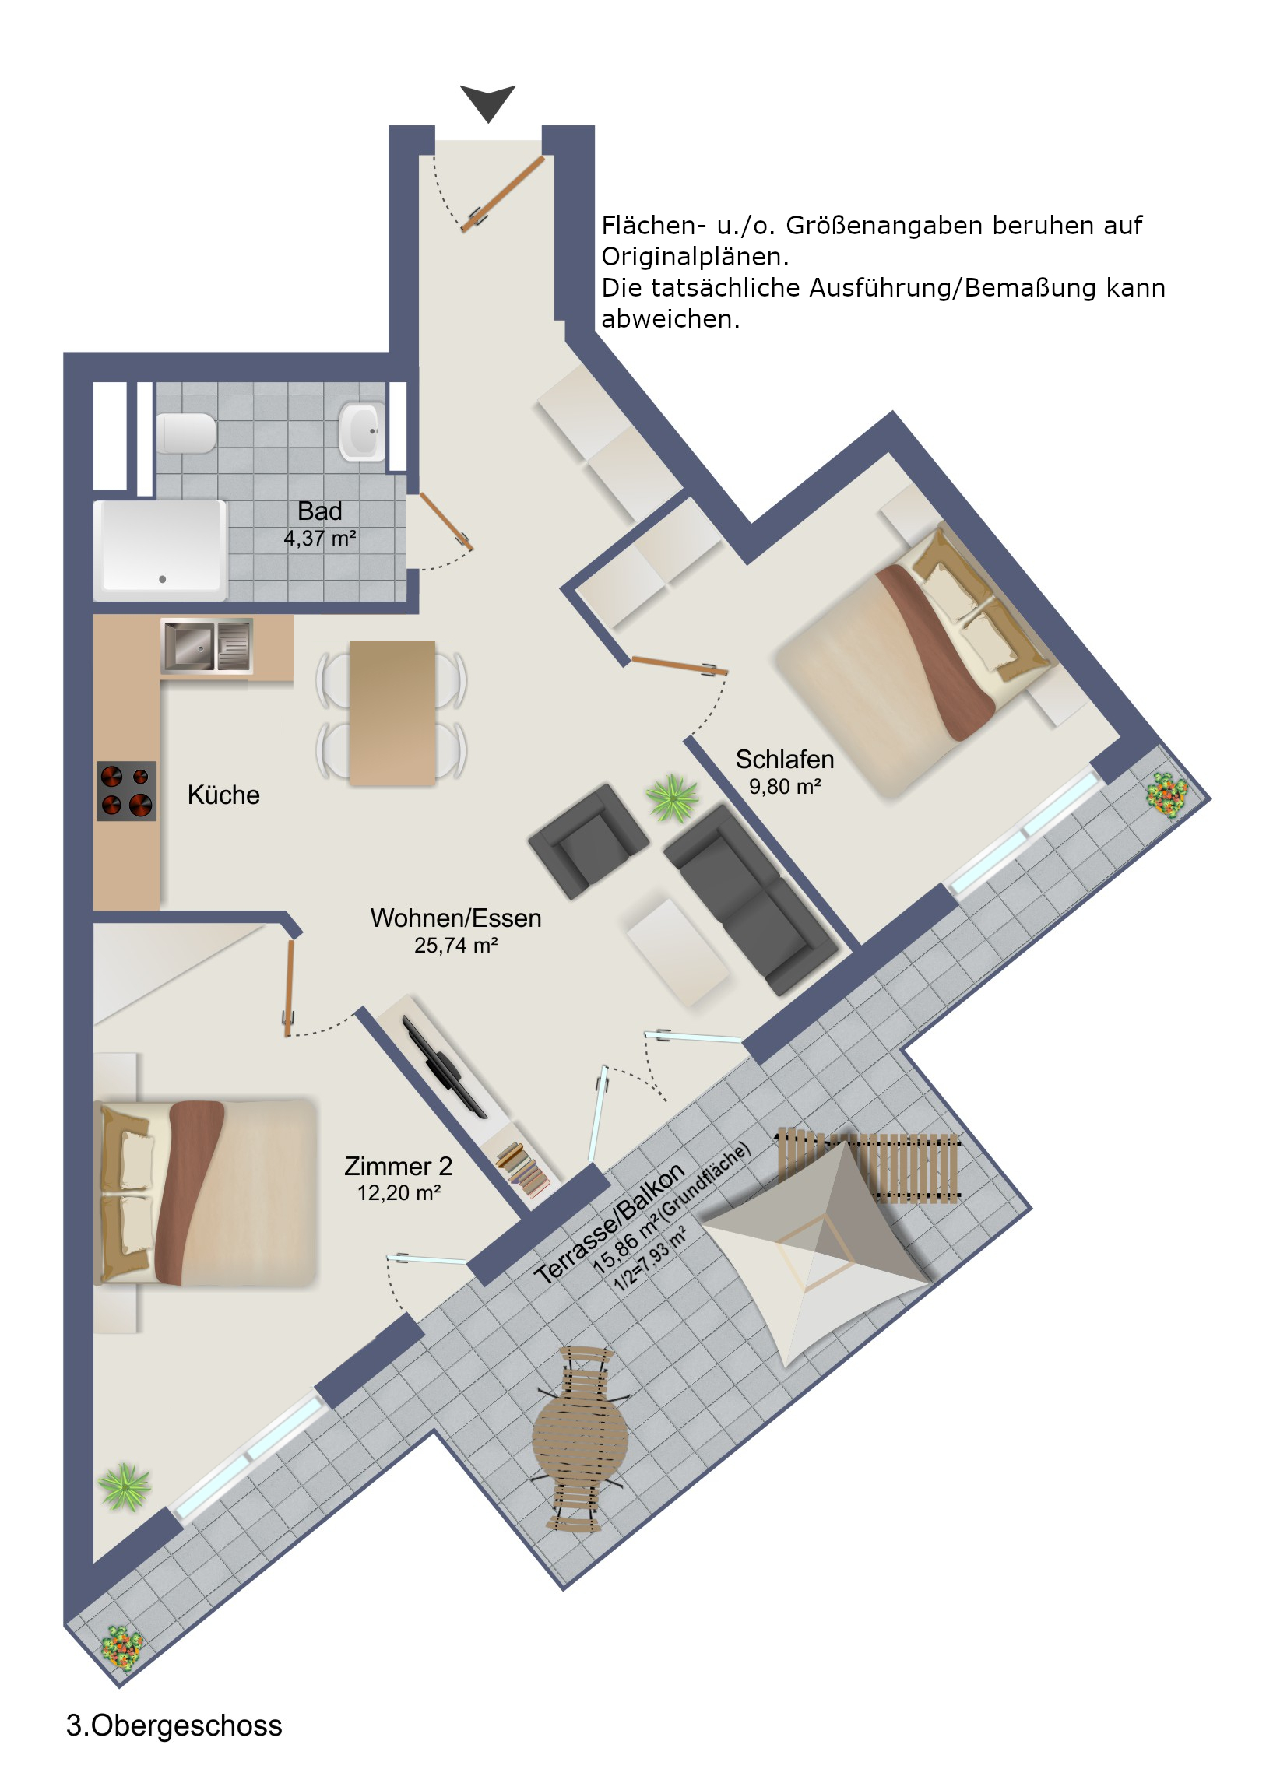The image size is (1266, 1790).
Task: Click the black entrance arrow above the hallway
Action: point(487,102)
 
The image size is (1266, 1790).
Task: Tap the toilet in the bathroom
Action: point(185,433)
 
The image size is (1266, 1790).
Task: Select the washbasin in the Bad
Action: point(361,431)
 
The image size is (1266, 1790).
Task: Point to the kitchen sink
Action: point(206,644)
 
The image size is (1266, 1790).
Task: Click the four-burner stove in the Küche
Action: point(126,791)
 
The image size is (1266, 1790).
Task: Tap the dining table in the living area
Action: point(392,713)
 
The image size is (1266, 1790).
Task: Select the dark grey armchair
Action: point(588,841)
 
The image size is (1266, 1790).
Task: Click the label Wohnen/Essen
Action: point(455,918)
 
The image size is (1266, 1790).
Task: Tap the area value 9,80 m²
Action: point(785,787)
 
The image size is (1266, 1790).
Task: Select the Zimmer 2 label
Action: point(399,1166)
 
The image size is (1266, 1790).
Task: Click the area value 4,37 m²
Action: point(320,538)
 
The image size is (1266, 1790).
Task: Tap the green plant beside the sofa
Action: point(672,798)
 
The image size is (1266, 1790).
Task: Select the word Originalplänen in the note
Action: point(695,257)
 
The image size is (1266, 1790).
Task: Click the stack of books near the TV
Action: point(522,1168)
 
